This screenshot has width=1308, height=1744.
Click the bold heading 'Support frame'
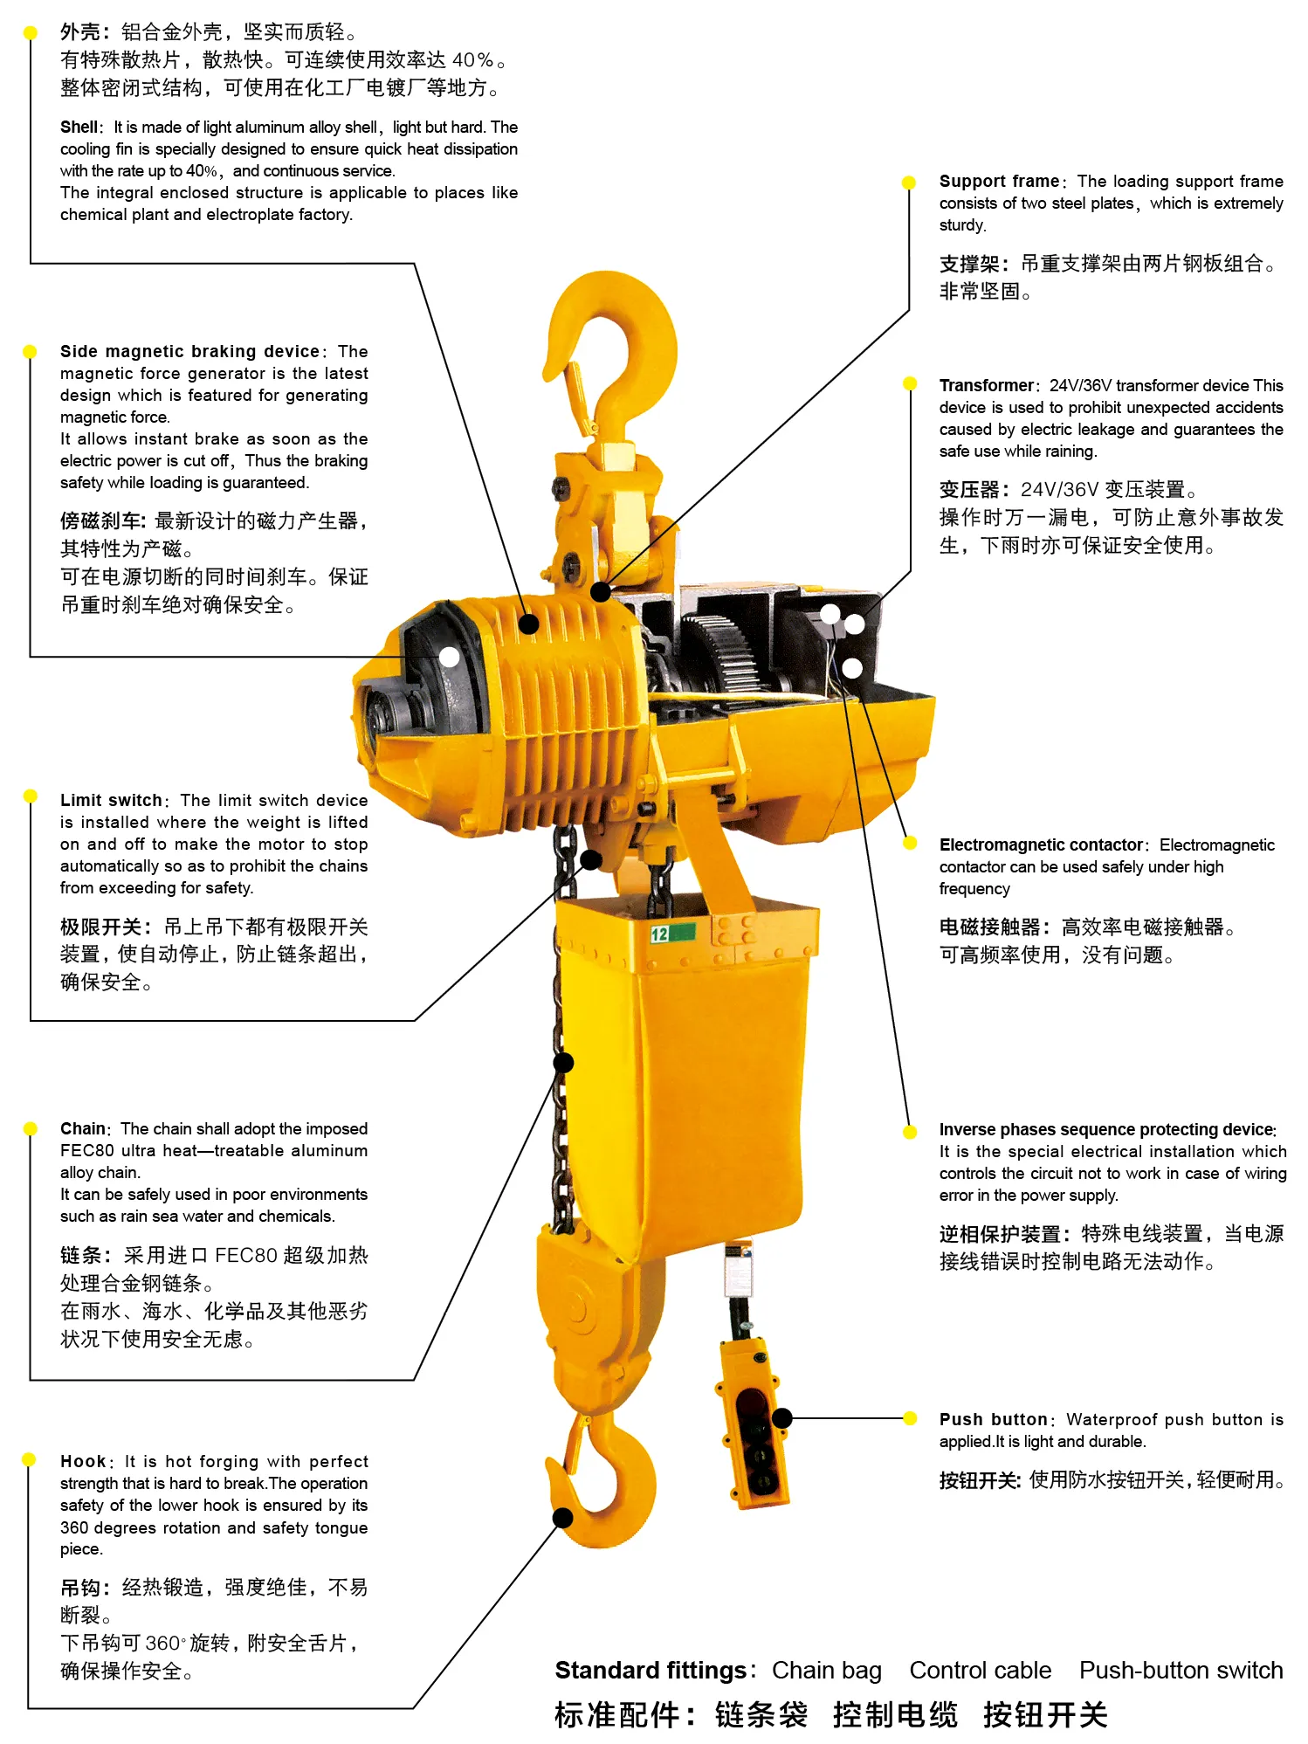point(999,181)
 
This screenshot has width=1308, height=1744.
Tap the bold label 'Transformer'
point(987,385)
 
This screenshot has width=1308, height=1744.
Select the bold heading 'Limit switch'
point(111,800)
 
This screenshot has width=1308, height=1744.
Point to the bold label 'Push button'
point(993,1419)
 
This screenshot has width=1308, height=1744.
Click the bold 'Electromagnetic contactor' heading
point(1041,844)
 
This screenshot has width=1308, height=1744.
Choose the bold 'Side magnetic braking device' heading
point(189,351)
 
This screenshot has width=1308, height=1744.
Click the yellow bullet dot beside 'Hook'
point(29,1459)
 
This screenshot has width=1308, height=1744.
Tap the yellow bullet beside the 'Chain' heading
point(31,1128)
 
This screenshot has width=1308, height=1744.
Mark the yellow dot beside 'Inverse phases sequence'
point(910,1132)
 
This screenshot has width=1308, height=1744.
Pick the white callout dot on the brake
point(449,657)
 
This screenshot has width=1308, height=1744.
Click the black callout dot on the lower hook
point(564,1518)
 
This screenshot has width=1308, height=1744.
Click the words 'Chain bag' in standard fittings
point(826,1671)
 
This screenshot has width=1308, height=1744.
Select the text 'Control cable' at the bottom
point(980,1671)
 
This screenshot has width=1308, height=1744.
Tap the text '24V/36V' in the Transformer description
point(1080,385)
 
